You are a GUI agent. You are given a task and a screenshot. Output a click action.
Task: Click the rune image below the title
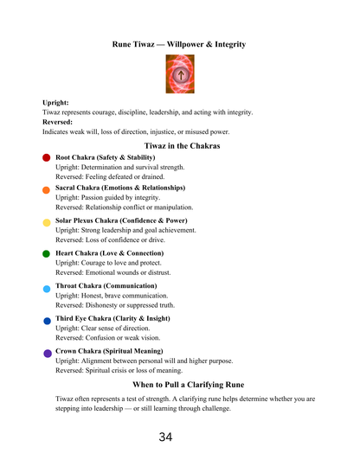180,75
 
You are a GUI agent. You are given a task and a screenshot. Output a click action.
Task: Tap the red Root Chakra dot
46,158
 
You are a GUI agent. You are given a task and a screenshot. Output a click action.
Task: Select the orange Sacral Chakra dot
46,189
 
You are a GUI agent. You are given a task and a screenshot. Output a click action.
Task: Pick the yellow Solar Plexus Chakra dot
46,222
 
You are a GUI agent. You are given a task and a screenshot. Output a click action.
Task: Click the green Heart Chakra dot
46,254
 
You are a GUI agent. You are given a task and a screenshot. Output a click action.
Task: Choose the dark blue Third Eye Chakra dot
46,320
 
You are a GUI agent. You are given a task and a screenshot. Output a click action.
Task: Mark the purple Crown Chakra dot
46,353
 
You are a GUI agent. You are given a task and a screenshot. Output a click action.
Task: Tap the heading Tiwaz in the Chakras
182,146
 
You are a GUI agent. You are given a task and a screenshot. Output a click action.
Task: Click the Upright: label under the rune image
55,103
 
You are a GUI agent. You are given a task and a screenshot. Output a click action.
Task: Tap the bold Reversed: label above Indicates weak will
59,123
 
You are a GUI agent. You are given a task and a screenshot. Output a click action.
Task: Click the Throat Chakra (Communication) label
106,285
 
